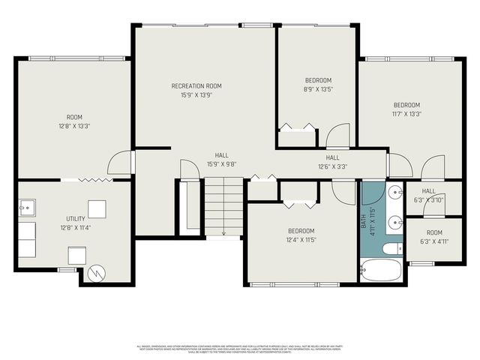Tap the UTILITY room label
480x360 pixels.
[75, 218]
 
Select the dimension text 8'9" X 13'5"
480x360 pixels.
[318, 89]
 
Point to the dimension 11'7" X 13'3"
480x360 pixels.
[406, 114]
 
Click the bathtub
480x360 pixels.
[382, 270]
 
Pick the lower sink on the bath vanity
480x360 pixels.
[395, 222]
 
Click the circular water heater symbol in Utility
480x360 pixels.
[95, 273]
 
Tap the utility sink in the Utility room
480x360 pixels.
[26, 205]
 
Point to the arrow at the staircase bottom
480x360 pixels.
[223, 234]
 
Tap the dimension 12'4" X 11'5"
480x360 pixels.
[301, 240]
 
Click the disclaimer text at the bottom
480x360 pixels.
[240, 349]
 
